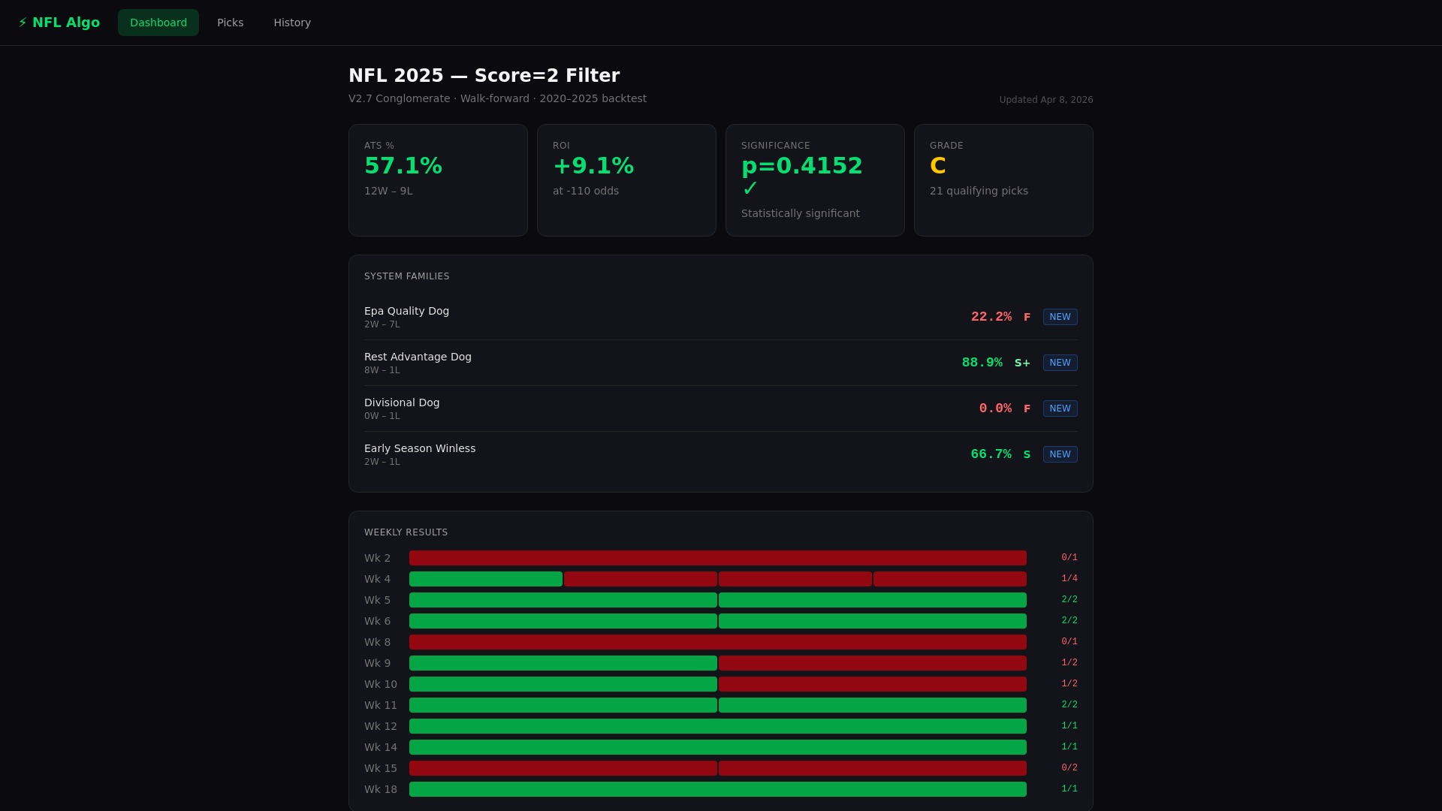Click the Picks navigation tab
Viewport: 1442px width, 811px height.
click(x=230, y=23)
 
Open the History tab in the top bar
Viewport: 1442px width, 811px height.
click(x=292, y=23)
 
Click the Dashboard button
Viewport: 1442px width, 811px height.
click(x=158, y=23)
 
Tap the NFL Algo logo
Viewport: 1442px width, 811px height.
click(x=59, y=23)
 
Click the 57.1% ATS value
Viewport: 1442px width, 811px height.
click(x=403, y=166)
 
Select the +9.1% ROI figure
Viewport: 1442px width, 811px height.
click(x=593, y=166)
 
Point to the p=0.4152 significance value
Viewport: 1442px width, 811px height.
click(x=801, y=166)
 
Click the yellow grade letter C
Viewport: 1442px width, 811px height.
click(x=937, y=166)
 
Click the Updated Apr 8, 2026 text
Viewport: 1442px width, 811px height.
click(x=1045, y=100)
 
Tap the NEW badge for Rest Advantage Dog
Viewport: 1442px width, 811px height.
click(x=1060, y=363)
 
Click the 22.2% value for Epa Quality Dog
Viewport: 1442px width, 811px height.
click(x=991, y=317)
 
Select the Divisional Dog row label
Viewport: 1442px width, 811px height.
click(x=402, y=402)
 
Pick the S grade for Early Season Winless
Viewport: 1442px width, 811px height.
click(x=1027, y=454)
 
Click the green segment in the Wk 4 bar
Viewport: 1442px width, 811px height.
click(x=485, y=579)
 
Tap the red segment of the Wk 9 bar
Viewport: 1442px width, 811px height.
click(x=872, y=663)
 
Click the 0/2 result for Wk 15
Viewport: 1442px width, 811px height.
click(x=1069, y=768)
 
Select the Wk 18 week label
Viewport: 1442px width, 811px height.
click(x=380, y=789)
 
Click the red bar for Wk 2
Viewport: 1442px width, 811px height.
click(x=717, y=558)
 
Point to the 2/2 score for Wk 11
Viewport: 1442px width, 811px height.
click(x=1069, y=705)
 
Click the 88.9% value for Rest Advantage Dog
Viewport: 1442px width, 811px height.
click(x=982, y=363)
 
